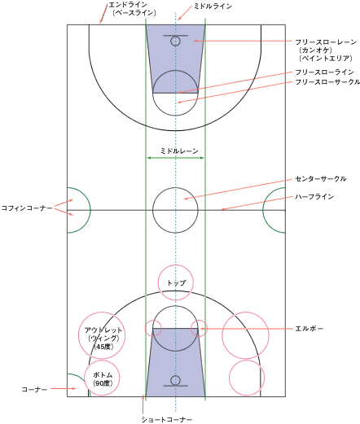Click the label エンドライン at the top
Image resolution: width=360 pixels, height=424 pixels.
tap(128, 5)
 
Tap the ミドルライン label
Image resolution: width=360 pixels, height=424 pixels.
tap(213, 7)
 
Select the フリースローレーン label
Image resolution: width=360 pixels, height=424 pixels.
tap(326, 42)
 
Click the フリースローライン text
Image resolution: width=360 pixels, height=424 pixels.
tap(324, 72)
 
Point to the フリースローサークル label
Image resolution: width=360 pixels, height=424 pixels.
tap(327, 81)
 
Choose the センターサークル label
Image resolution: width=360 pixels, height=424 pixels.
tap(321, 179)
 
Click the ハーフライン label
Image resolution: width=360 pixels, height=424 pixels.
tap(314, 196)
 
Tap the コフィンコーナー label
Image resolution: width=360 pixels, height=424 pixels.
tap(27, 208)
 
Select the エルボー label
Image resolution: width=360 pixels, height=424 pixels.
tap(310, 329)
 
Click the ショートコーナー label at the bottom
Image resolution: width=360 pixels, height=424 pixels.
tap(167, 419)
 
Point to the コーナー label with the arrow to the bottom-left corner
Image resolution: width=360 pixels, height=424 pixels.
tap(34, 389)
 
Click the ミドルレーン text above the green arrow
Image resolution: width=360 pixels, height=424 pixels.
tap(179, 151)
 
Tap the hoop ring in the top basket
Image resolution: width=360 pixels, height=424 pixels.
tap(175, 37)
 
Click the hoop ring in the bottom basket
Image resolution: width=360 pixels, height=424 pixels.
tap(175, 376)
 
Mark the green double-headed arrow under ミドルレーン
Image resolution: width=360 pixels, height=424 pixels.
tap(175, 158)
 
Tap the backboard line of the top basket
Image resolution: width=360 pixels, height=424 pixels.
tap(175, 36)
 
